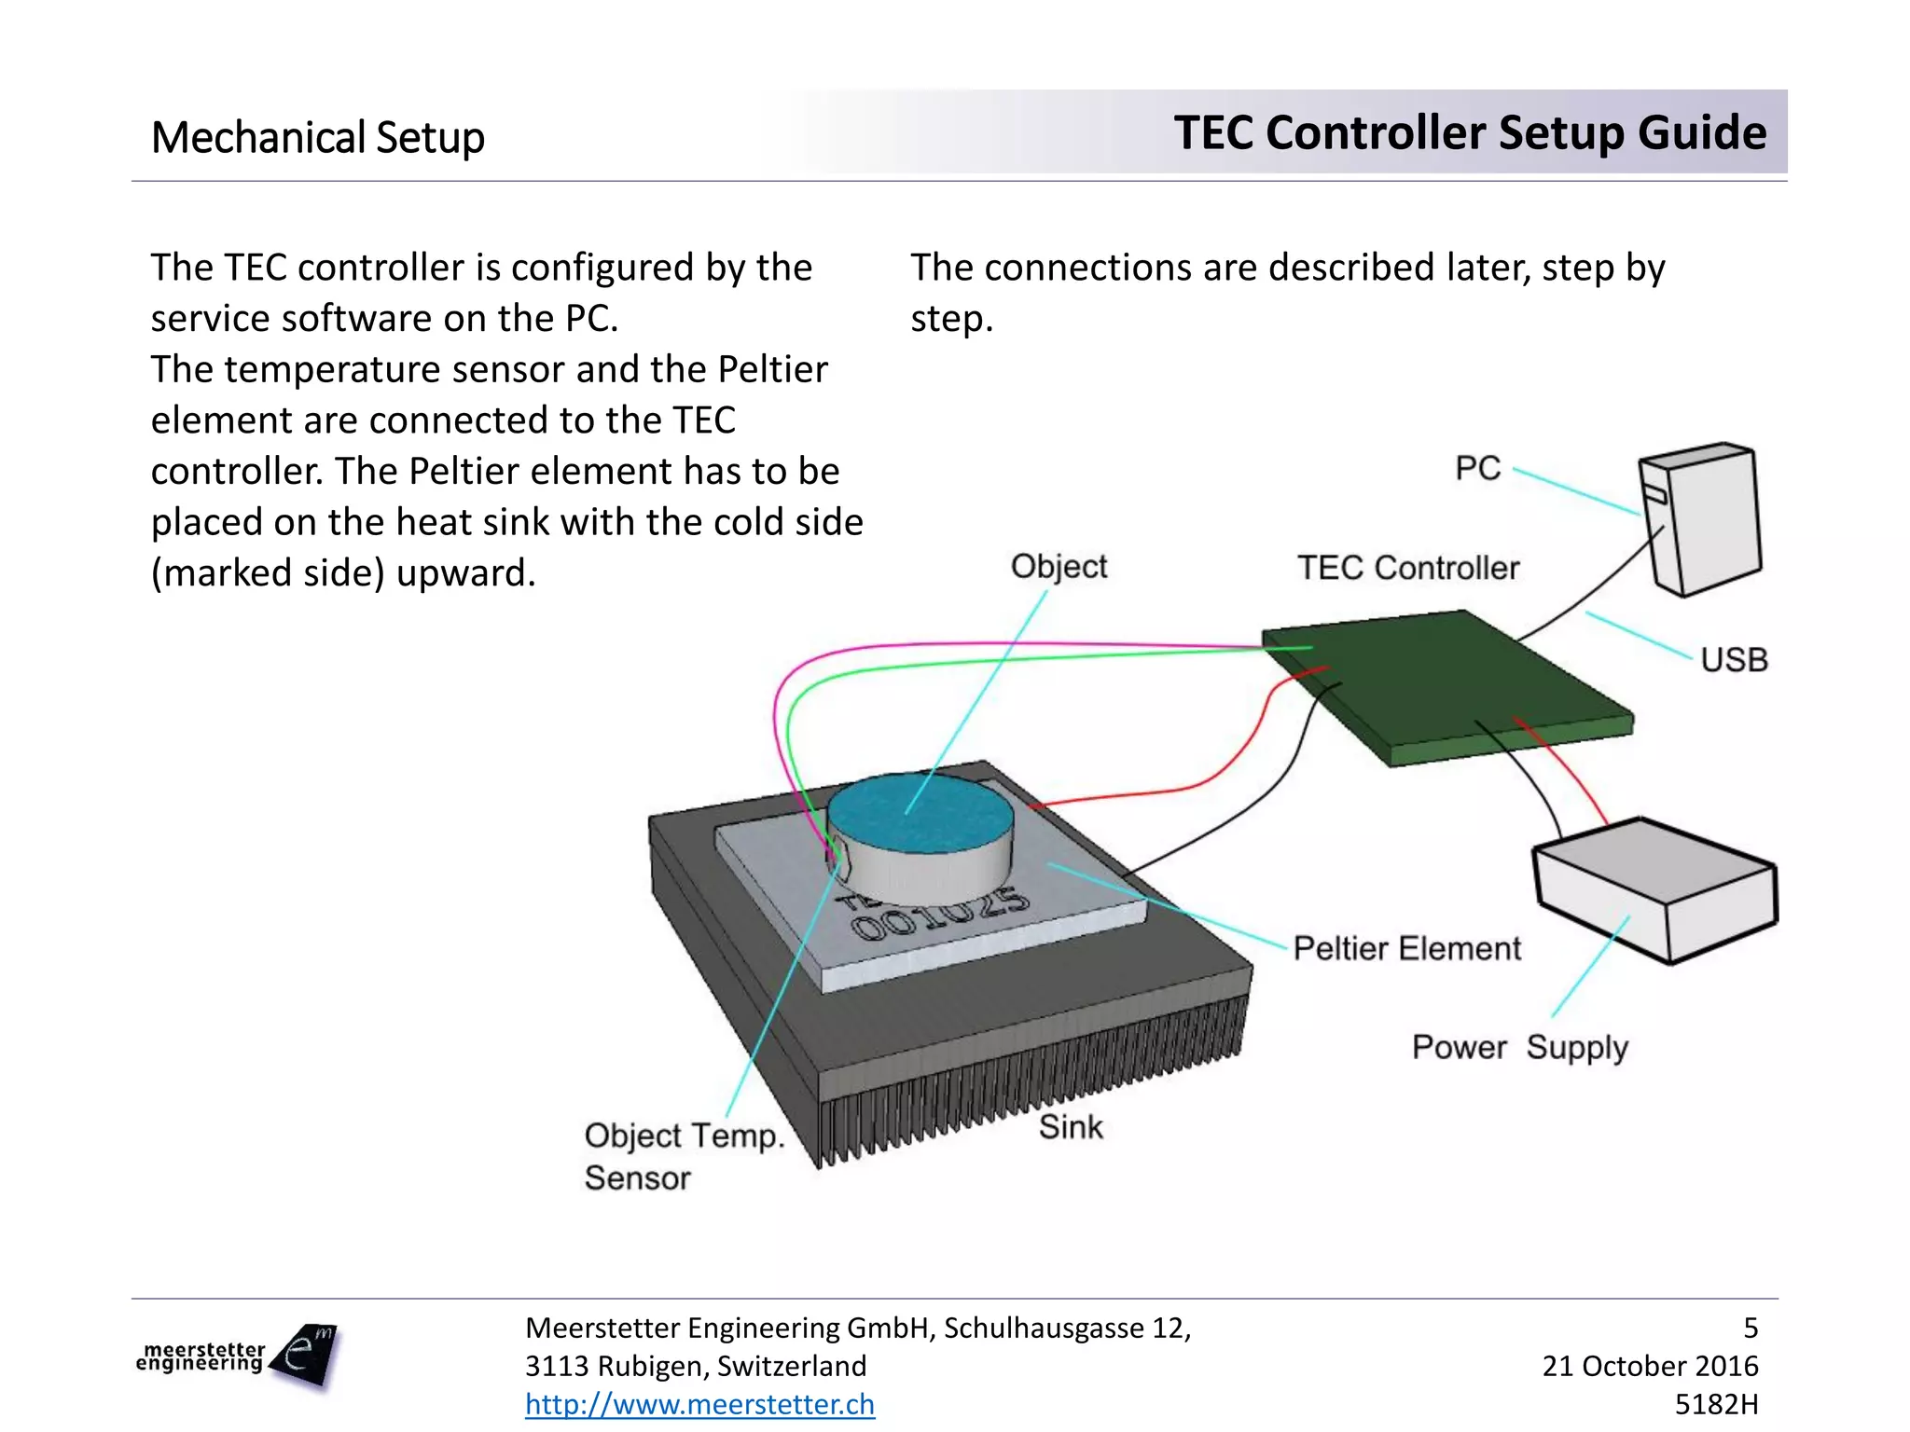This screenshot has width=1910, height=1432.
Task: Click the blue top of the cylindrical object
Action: pyautogui.click(x=919, y=811)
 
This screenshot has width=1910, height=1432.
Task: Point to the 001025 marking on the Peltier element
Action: pyautogui.click(x=942, y=914)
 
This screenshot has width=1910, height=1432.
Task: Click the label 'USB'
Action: pyautogui.click(x=1734, y=660)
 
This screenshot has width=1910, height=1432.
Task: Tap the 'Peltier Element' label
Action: pyautogui.click(x=1406, y=949)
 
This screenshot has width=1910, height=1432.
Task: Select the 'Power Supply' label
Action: pyautogui.click(x=1519, y=1048)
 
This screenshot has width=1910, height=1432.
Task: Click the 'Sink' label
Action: pyautogui.click(x=1071, y=1127)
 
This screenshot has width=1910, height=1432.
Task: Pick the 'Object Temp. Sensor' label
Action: pyautogui.click(x=683, y=1156)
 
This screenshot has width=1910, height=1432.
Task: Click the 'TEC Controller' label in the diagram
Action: pyautogui.click(x=1408, y=568)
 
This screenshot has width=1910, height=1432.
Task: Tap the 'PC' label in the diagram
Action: pyautogui.click(x=1478, y=468)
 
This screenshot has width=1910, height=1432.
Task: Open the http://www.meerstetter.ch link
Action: pyautogui.click(x=699, y=1404)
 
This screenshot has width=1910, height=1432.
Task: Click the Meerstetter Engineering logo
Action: pyautogui.click(x=237, y=1356)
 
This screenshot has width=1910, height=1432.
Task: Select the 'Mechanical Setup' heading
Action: pyautogui.click(x=318, y=138)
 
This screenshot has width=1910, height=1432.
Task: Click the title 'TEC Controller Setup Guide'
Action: pyautogui.click(x=1470, y=132)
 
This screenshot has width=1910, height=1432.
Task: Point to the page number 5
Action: pyautogui.click(x=1751, y=1328)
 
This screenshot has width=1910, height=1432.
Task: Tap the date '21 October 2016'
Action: pyautogui.click(x=1650, y=1366)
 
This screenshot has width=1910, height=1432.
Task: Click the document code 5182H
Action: pyautogui.click(x=1716, y=1404)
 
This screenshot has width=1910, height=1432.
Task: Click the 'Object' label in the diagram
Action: pyautogui.click(x=1059, y=567)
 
